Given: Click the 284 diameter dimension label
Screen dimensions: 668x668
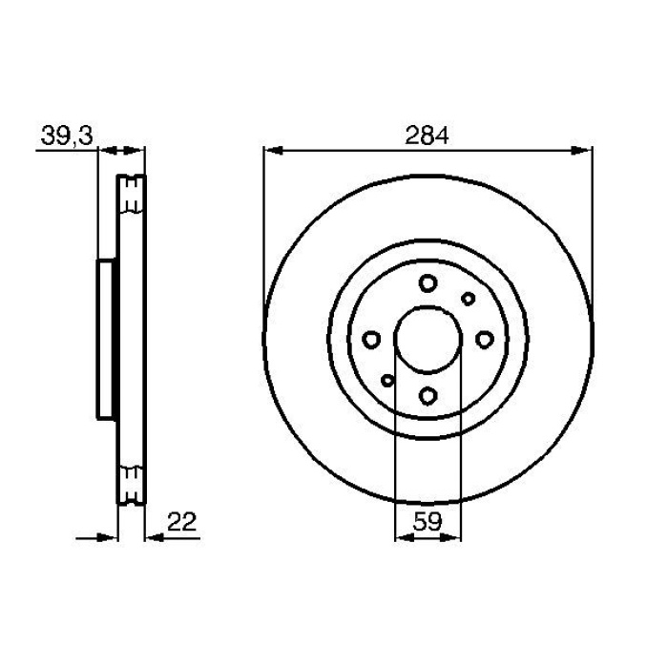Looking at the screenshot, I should (x=427, y=136).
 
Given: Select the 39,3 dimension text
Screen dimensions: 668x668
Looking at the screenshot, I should (x=66, y=136).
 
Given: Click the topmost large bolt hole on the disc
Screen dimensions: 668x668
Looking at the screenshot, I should (x=427, y=282).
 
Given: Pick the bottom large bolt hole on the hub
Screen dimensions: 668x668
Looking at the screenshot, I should (x=428, y=395).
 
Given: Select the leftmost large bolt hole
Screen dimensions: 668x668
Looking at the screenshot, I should (x=372, y=339).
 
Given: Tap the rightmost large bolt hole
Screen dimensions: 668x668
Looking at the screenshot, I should (x=484, y=339).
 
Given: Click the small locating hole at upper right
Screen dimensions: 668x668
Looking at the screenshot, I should (x=468, y=299).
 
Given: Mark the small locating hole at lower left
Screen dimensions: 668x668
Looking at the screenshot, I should (x=387, y=380).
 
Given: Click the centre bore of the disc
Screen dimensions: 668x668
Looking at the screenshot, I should (x=428, y=339).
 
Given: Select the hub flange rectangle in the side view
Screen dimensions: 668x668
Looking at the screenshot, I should (x=106, y=339).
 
